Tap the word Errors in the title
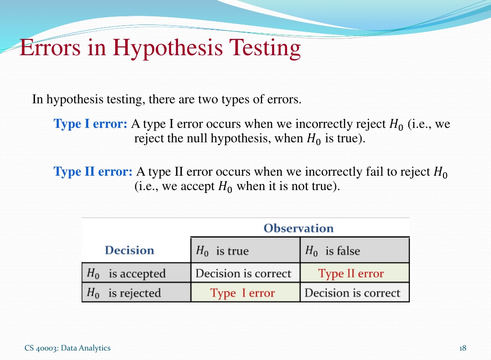click(50, 48)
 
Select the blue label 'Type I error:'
click(90, 124)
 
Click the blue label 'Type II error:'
click(93, 171)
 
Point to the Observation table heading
click(299, 228)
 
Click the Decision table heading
click(129, 250)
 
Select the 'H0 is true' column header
click(222, 251)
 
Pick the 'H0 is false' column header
click(333, 251)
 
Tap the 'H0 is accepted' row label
click(126, 274)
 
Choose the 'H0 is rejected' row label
click(124, 293)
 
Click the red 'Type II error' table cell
click(351, 274)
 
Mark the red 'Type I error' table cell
click(242, 293)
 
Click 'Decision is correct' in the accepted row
click(243, 273)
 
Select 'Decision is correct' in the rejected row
click(352, 293)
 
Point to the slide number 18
click(463, 348)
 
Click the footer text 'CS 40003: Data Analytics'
click(68, 348)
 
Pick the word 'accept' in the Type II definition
click(197, 187)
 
